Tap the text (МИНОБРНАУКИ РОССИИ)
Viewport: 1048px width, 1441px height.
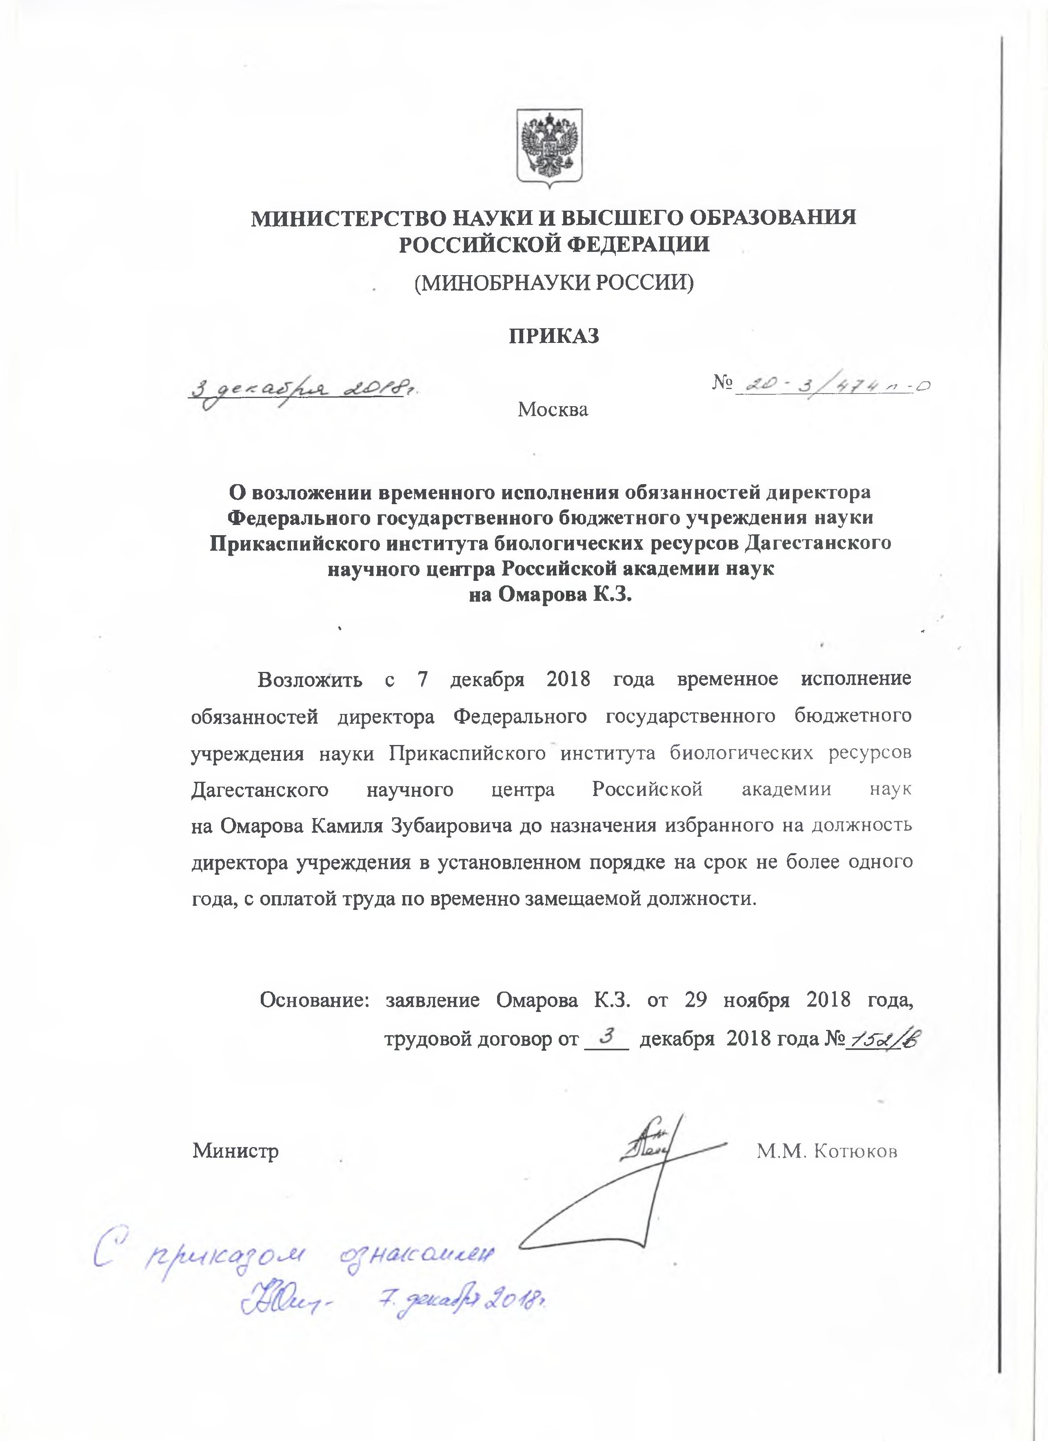[x=553, y=282]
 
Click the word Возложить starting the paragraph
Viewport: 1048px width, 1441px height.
[x=309, y=679]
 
